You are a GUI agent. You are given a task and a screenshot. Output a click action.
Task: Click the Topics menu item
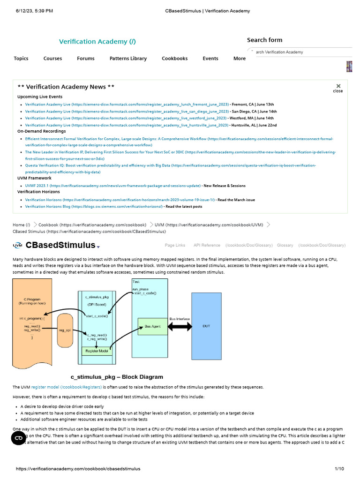(x=21, y=59)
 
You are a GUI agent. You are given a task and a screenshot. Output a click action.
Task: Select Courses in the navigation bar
(x=52, y=59)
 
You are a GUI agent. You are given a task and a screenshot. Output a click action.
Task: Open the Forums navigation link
(x=86, y=59)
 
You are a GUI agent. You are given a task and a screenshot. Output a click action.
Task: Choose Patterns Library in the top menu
(x=128, y=59)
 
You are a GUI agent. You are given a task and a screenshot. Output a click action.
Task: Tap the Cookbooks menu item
(x=175, y=59)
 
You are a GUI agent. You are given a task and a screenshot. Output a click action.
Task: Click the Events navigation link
(x=210, y=59)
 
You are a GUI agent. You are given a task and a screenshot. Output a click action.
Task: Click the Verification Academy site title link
(x=97, y=42)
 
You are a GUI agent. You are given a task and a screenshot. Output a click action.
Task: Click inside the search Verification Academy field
(x=300, y=52)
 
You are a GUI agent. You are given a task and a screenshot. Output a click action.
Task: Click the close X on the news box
(x=338, y=87)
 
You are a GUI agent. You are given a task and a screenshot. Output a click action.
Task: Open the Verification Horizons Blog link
(x=94, y=206)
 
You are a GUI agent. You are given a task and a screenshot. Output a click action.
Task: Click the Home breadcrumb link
(x=21, y=225)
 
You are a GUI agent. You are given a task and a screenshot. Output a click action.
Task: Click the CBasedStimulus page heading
(x=60, y=245)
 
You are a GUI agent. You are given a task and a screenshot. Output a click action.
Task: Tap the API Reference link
(x=207, y=245)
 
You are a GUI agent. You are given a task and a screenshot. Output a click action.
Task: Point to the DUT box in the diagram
(x=207, y=326)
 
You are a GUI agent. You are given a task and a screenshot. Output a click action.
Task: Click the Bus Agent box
(x=152, y=326)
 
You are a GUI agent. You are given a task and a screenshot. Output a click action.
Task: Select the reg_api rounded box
(x=65, y=330)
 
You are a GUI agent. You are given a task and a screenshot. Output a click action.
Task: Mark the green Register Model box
(x=98, y=351)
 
